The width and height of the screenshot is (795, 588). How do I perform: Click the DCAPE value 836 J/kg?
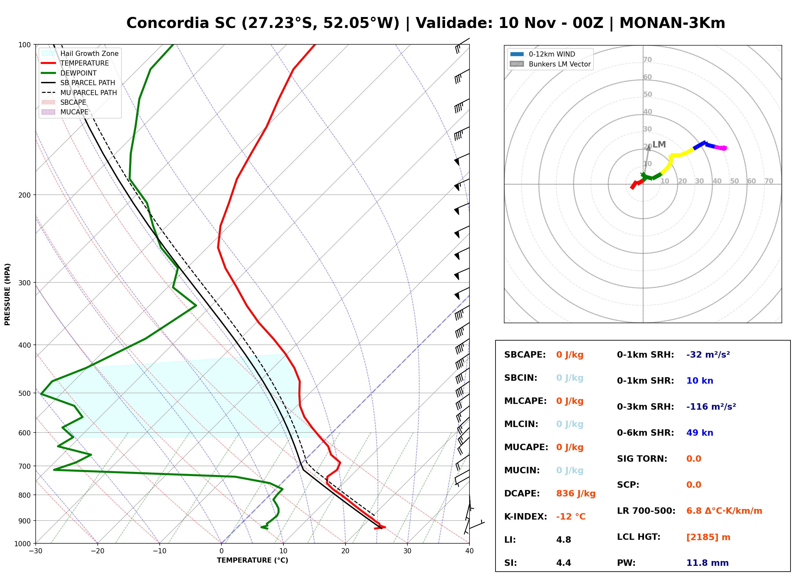[576, 493]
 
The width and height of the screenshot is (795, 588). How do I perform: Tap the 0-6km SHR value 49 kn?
[699, 432]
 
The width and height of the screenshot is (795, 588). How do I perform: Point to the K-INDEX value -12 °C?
[570, 516]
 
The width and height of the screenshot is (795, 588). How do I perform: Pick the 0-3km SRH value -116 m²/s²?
[711, 406]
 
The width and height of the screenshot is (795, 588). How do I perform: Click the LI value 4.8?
[563, 539]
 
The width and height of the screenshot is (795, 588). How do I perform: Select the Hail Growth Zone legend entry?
[80, 53]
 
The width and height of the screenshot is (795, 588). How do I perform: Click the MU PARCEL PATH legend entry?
[79, 93]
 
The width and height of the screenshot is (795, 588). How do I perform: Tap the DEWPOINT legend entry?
[69, 73]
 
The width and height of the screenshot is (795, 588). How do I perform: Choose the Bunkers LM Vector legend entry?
[550, 64]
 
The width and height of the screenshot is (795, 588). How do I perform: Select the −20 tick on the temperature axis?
[97, 551]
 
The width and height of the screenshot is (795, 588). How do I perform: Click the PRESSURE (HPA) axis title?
[7, 294]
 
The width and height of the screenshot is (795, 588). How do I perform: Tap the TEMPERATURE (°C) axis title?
[252, 560]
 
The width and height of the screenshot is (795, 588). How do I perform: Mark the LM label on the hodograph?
[659, 145]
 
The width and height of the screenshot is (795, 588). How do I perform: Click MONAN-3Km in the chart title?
[672, 23]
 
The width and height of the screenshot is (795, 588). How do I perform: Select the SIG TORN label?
[642, 459]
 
